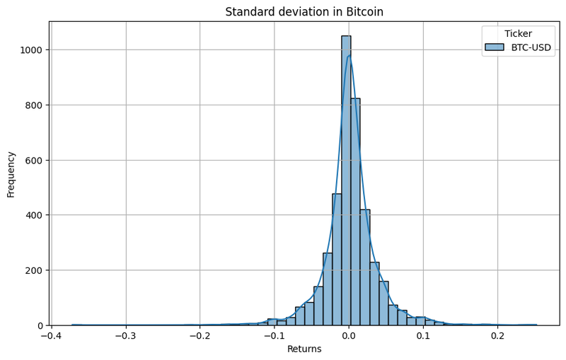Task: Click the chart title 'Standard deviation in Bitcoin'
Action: tap(304, 12)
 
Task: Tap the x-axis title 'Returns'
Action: tap(304, 349)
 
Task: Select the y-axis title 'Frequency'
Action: tap(11, 174)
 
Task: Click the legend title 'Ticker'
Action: tap(518, 33)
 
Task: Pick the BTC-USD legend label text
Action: tap(531, 48)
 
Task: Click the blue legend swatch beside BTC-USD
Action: tap(495, 48)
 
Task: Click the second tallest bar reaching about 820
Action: tap(355, 212)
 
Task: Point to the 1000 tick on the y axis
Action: tap(33, 50)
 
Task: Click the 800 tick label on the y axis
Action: tap(35, 105)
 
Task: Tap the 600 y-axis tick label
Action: tap(35, 161)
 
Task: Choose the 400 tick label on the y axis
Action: tap(35, 215)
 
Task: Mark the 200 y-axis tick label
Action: tap(35, 270)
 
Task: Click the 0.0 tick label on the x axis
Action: tap(349, 335)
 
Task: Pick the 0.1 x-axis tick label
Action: tap(423, 335)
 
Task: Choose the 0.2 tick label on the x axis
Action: tap(497, 335)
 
